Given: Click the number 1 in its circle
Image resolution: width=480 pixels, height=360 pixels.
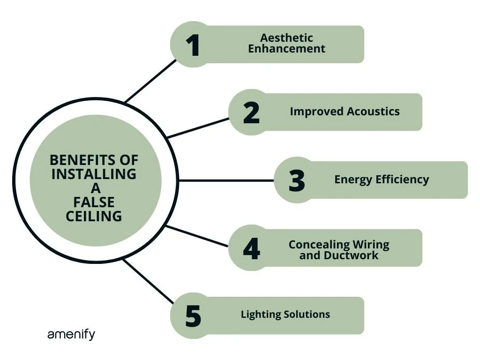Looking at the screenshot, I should pos(193,45).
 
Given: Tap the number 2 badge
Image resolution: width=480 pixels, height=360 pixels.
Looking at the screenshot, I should pos(251,113).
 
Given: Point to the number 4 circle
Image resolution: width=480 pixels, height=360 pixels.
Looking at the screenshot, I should pos(251,249).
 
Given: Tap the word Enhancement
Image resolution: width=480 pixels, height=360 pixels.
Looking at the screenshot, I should pos(286,49).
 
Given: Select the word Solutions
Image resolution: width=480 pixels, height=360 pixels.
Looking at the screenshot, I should pos(307,315).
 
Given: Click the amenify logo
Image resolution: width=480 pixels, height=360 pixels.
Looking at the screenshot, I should pos(71,335).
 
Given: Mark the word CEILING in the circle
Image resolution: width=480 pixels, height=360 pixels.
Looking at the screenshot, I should pos(94,216).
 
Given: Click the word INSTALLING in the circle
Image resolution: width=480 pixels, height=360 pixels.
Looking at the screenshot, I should pos(94,174).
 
